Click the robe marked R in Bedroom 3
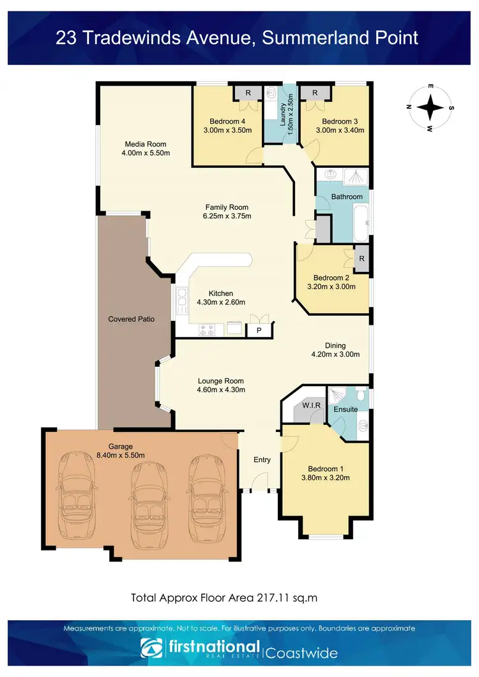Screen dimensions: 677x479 [315, 93]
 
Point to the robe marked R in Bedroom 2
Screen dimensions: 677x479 [361, 259]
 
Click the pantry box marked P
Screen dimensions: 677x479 [259, 331]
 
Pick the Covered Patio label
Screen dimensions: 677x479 [131, 319]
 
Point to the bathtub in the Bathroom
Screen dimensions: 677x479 [360, 224]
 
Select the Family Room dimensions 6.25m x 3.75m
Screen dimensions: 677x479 [227, 216]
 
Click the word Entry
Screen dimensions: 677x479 [262, 459]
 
